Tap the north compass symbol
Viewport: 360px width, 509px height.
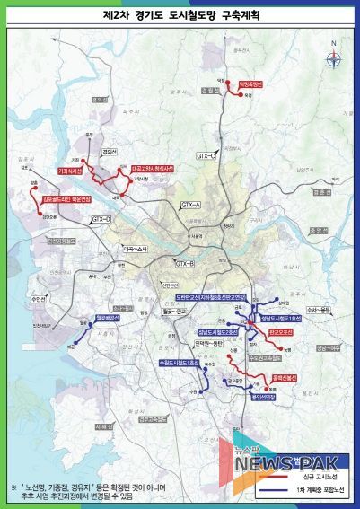pyautogui.click(x=333, y=60)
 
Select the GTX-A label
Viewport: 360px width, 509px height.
pyautogui.click(x=192, y=206)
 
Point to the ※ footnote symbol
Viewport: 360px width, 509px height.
pyautogui.click(x=13, y=486)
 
